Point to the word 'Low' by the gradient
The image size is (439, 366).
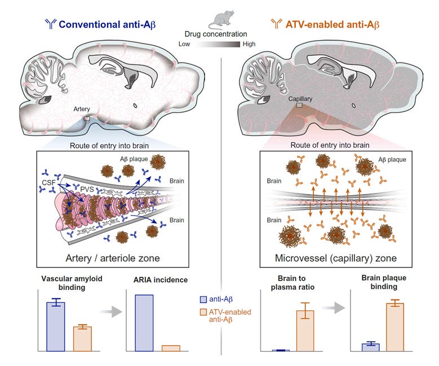coord(184,44)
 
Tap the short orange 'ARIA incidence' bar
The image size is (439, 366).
coord(171,348)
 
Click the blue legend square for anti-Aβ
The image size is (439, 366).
coord(204,299)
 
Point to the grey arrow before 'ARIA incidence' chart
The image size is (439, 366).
coord(113,311)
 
